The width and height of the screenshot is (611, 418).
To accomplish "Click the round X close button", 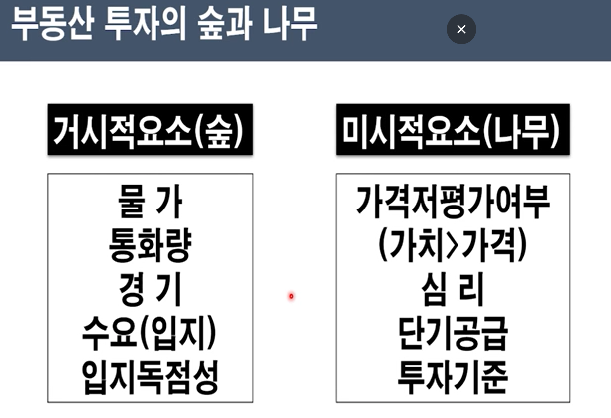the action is pos(461,29).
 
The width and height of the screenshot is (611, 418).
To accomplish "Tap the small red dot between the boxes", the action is pos(291,297).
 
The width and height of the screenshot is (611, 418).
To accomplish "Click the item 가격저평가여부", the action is pos(453,202).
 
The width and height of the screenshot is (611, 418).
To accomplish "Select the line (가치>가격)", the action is pos(453,246).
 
